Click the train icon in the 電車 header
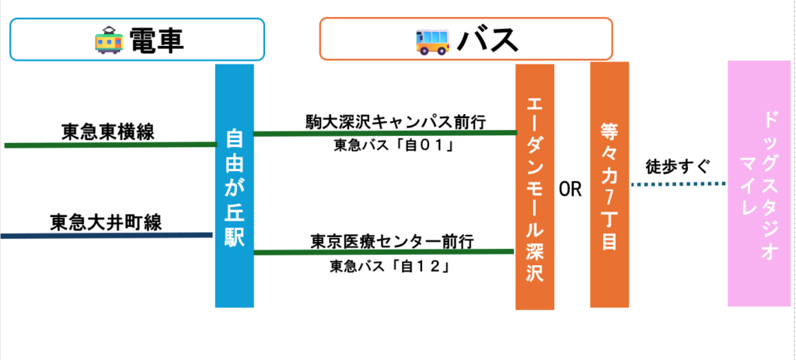[x=109, y=40]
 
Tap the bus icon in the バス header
[x=432, y=41]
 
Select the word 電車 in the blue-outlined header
[x=156, y=40]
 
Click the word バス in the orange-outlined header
[x=487, y=40]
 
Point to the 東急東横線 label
[x=108, y=132]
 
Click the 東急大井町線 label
[x=106, y=222]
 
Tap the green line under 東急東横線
[x=110, y=145]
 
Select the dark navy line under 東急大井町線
[x=106, y=235]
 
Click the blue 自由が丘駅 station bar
[x=235, y=186]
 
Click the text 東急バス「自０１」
[x=393, y=145]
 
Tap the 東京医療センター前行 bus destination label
[x=393, y=242]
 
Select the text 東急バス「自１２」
[x=390, y=266]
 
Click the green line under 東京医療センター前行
[x=384, y=252]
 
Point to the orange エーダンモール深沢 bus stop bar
[x=535, y=187]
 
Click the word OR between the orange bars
[x=571, y=190]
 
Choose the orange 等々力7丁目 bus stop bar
[x=609, y=185]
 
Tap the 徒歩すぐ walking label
[x=677, y=166]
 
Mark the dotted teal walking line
[x=678, y=183]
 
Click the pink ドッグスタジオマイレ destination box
[x=759, y=183]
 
